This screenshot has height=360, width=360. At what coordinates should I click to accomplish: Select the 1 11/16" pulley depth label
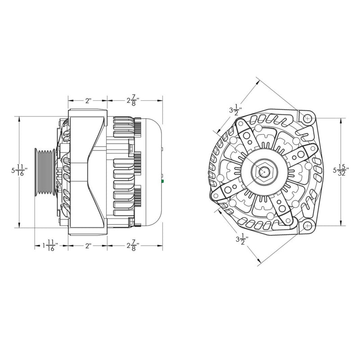(49, 246)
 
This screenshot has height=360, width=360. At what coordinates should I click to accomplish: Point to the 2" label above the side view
(87, 100)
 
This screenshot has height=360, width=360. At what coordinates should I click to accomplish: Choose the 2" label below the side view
(87, 246)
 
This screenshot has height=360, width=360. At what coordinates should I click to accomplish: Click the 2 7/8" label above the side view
(133, 100)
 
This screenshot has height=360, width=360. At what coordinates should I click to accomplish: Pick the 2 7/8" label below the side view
(133, 246)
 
